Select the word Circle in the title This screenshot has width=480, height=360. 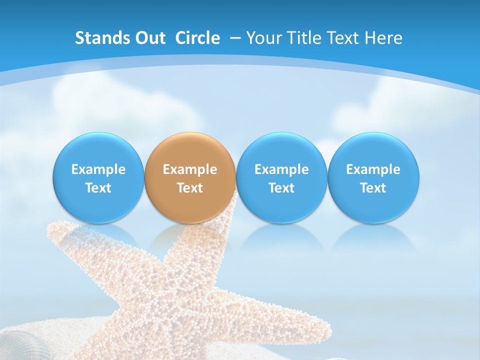(x=197, y=38)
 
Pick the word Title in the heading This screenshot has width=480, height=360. (x=303, y=38)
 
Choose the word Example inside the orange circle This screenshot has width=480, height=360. (x=190, y=169)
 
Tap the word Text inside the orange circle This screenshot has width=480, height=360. (x=190, y=188)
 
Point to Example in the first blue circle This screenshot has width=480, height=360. (x=98, y=169)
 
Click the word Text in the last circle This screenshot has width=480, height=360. (x=373, y=188)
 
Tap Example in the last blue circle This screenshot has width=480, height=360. (x=373, y=169)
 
